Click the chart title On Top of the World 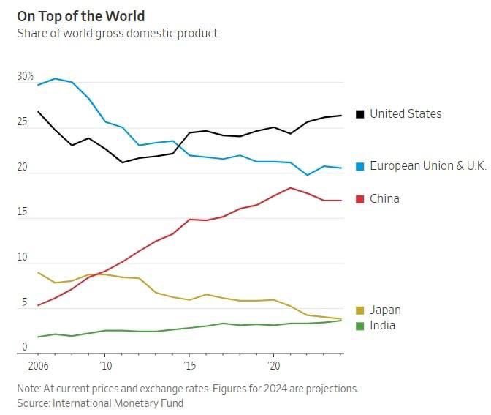click(81, 16)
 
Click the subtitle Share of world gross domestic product click(117, 34)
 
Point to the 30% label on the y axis click(26, 77)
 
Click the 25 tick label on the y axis click(23, 122)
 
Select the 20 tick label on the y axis click(23, 168)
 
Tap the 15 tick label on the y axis click(23, 213)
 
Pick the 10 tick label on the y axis click(23, 258)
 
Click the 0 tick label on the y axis click(24, 348)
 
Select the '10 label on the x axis click(105, 364)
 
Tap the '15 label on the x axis click(190, 364)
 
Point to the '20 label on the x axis click(274, 364)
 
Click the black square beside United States click(359, 114)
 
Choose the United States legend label click(406, 114)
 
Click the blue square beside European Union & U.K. click(359, 166)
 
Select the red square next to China click(359, 199)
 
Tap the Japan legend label click(385, 310)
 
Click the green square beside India click(359, 326)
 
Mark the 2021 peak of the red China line click(291, 188)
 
